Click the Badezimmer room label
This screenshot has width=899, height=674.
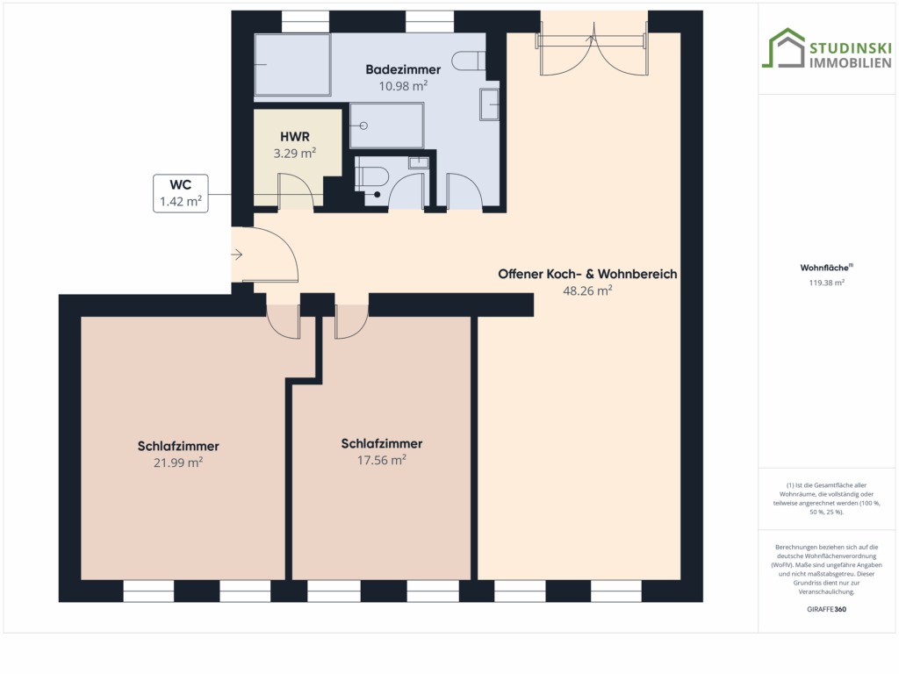pyautogui.click(x=403, y=69)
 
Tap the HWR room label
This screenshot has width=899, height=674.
pyautogui.click(x=295, y=136)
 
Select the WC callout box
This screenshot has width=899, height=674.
pyautogui.click(x=181, y=193)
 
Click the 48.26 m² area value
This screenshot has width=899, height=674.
pyautogui.click(x=587, y=290)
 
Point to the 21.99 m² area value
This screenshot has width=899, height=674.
pyautogui.click(x=177, y=462)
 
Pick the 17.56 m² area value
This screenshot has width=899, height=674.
pyautogui.click(x=381, y=460)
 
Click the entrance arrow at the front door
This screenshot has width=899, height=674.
pyautogui.click(x=237, y=255)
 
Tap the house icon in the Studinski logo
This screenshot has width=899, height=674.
pyautogui.click(x=783, y=48)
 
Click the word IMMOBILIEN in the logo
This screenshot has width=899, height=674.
pyautogui.click(x=850, y=62)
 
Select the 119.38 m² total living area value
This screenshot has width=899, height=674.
pyautogui.click(x=826, y=283)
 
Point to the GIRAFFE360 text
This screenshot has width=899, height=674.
pyautogui.click(x=826, y=609)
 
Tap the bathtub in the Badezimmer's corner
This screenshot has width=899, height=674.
pyautogui.click(x=292, y=64)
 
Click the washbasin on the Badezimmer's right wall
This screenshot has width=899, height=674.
pyautogui.click(x=490, y=104)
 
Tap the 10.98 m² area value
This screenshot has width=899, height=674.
pyautogui.click(x=403, y=86)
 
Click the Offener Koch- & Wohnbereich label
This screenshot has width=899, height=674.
pyautogui.click(x=587, y=274)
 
